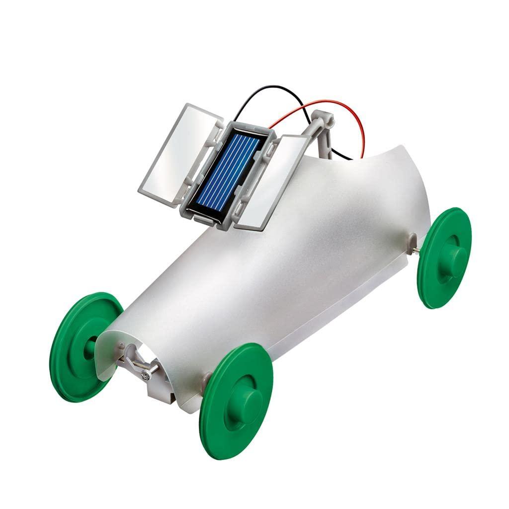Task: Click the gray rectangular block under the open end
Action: pos(159,393)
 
